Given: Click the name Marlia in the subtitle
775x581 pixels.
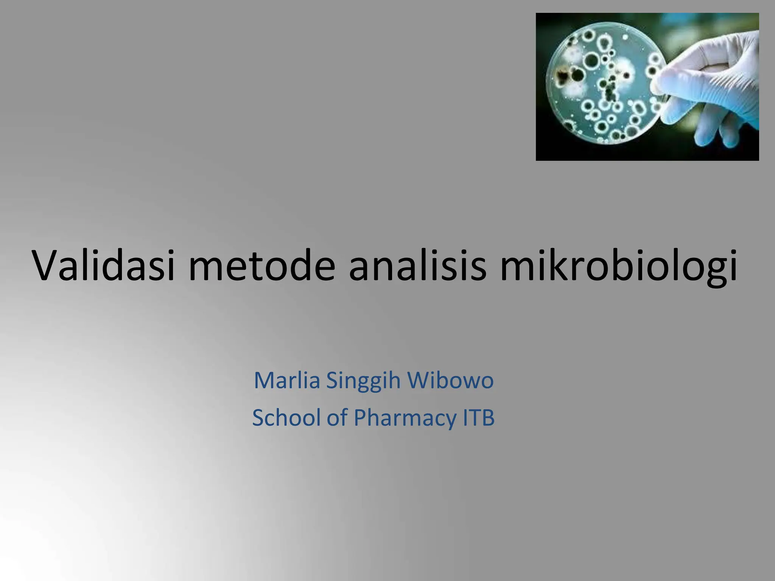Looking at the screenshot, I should pyautogui.click(x=287, y=380).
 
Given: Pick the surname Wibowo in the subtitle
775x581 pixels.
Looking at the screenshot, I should pyautogui.click(x=450, y=380).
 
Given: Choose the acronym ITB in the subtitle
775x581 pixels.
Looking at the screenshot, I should pyautogui.click(x=479, y=418).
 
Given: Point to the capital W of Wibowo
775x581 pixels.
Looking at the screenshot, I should pyautogui.click(x=418, y=380).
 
